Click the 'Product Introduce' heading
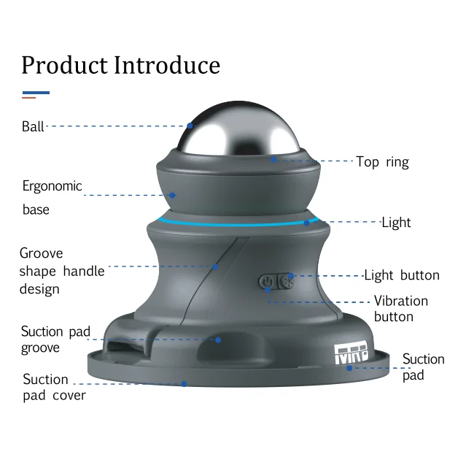(x=120, y=65)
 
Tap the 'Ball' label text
(x=33, y=126)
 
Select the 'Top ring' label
(x=382, y=162)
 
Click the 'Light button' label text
(x=401, y=275)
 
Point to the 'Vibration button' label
(x=400, y=308)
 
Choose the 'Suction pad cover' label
(x=54, y=387)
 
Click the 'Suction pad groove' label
(x=55, y=339)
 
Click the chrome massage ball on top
(x=233, y=131)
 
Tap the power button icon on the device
(x=268, y=281)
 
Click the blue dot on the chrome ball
(x=190, y=126)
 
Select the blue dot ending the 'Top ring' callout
(x=274, y=158)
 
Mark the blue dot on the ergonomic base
(x=173, y=195)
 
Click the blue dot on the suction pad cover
(x=184, y=383)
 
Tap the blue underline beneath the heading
(x=36, y=93)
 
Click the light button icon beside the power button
(x=289, y=281)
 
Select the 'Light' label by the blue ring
(x=396, y=222)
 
